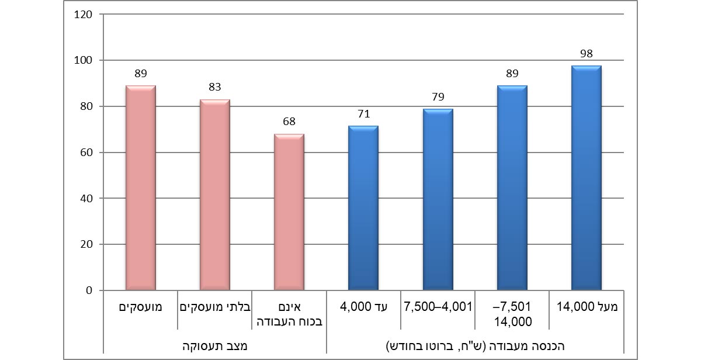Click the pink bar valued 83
(214, 195)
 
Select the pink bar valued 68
(289, 212)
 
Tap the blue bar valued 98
(586, 178)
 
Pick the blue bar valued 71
(363, 208)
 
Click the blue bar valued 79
(438, 199)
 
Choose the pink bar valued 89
(140, 188)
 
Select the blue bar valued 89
(512, 188)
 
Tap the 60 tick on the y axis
(86, 153)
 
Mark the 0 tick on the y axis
(90, 290)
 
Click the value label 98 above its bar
(586, 54)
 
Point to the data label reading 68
(289, 122)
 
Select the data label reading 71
(363, 114)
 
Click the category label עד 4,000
(363, 306)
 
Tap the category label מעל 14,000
(586, 306)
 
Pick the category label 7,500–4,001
(438, 306)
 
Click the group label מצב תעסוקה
(214, 345)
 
